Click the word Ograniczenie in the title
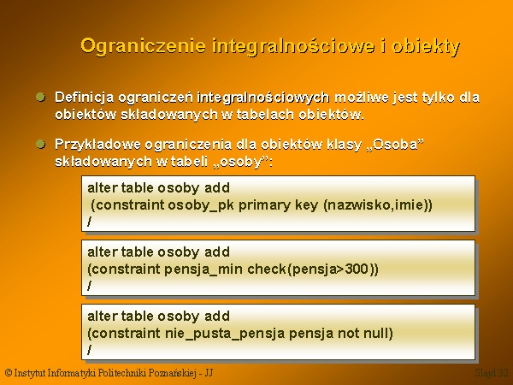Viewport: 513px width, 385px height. pyautogui.click(x=144, y=46)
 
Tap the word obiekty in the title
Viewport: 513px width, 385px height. pyautogui.click(x=426, y=46)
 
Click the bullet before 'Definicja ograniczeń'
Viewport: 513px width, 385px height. pyautogui.click(x=40, y=98)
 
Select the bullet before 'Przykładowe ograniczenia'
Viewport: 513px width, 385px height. pyautogui.click(x=40, y=144)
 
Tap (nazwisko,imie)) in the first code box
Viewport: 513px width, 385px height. pyautogui.click(x=378, y=205)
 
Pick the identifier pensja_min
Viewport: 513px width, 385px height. pyautogui.click(x=203, y=269)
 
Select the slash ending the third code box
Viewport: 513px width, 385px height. pyautogui.click(x=89, y=350)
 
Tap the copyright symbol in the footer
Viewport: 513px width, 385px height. pyautogui.click(x=9, y=373)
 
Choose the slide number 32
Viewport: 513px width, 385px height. pyautogui.click(x=504, y=373)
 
